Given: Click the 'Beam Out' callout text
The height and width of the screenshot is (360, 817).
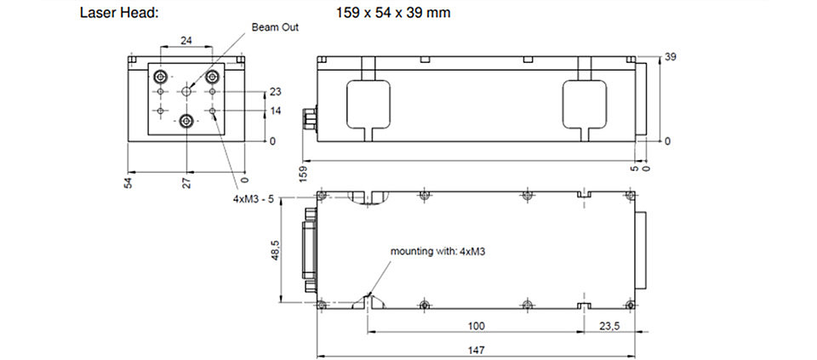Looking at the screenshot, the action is click(x=275, y=27).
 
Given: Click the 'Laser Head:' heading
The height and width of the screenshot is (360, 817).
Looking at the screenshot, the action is click(x=119, y=13).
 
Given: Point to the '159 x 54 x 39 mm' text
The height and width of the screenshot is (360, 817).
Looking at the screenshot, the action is click(x=393, y=13).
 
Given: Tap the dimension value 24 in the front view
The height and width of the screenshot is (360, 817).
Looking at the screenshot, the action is click(x=186, y=40).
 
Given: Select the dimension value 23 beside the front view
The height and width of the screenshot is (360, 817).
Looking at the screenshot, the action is click(x=276, y=92).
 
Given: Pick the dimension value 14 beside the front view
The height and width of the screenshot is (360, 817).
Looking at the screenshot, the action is click(x=276, y=111).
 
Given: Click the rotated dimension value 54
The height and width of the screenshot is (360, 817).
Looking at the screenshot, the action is click(x=129, y=182).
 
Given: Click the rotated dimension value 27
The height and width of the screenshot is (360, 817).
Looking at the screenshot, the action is click(x=187, y=182).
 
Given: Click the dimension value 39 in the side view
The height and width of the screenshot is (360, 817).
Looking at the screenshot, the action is click(x=671, y=57).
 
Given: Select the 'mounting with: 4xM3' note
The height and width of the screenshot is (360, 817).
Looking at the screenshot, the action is click(x=438, y=251).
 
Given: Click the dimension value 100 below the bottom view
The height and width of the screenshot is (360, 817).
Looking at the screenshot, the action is click(x=477, y=326).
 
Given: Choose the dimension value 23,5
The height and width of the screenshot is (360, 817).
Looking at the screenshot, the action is click(x=608, y=326).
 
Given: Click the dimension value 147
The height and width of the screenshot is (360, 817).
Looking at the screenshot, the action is click(x=477, y=350).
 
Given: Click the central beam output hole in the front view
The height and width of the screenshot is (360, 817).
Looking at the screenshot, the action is click(x=186, y=92).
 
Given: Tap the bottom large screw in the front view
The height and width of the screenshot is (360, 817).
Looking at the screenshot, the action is click(x=186, y=122).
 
